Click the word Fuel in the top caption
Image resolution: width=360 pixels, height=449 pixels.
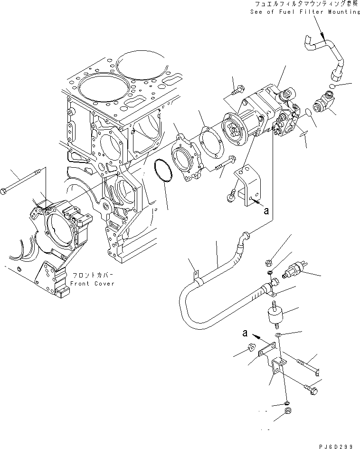[x=283, y=11]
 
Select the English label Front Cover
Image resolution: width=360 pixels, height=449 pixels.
[x=92, y=283]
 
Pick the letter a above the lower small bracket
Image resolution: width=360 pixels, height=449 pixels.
[x=245, y=334]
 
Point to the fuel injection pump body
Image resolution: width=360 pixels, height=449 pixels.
[x=268, y=114]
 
